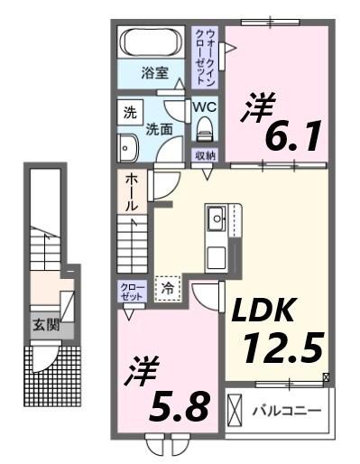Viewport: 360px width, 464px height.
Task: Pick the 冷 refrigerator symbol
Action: tap(168, 288)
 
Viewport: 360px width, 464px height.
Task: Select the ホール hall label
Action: tap(131, 191)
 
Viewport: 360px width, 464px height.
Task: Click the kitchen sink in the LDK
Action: tap(217, 218)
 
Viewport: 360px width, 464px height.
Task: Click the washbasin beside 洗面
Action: tap(127, 147)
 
